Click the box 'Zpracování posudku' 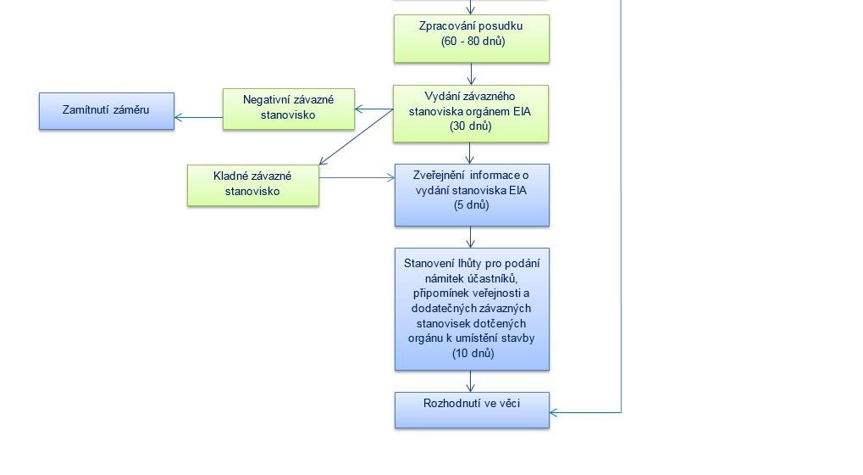(x=471, y=38)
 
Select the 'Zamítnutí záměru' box (x=106, y=111)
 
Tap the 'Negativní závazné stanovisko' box (x=289, y=109)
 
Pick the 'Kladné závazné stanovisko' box (x=252, y=186)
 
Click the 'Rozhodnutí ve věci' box (x=472, y=410)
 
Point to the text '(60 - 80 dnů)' (x=473, y=42)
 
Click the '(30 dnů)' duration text (x=471, y=126)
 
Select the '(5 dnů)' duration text (x=472, y=205)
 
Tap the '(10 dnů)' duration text (x=473, y=353)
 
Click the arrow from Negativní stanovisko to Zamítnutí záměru (x=199, y=117)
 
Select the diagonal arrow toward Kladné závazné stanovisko (x=356, y=137)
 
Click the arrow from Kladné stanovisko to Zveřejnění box (x=357, y=177)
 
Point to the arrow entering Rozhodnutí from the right (x=585, y=412)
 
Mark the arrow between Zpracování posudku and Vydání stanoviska (x=471, y=73)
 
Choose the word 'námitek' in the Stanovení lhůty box (x=444, y=278)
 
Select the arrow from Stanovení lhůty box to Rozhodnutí (x=471, y=381)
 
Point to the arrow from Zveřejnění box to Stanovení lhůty (x=471, y=237)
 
